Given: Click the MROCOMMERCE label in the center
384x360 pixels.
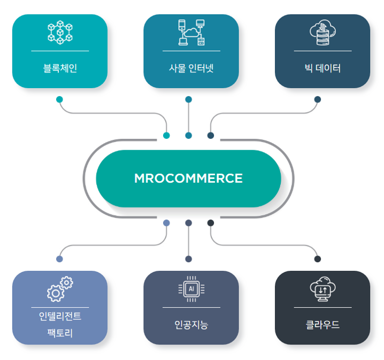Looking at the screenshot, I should tap(188, 178).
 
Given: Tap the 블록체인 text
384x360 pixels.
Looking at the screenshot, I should tap(60, 68).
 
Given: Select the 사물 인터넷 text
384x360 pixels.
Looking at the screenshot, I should tap(191, 68).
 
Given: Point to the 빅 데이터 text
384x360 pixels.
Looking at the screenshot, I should tap(322, 68).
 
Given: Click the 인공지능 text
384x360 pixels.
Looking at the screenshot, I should tap(191, 325).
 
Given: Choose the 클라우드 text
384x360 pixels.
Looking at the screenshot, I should tap(322, 325).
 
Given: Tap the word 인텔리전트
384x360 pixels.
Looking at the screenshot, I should tap(60, 316).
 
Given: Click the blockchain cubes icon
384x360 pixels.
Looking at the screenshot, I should tap(60, 32).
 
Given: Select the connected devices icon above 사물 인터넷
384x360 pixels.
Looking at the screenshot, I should tap(191, 32).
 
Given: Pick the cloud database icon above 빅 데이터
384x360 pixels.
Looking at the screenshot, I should tap(322, 31).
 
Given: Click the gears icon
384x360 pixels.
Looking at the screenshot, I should tap(60, 289).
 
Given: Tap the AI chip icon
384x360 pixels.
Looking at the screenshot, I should tap(191, 289).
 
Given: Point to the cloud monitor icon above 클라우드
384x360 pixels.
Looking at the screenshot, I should tap(322, 289).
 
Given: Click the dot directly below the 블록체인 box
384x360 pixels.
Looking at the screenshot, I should tap(59, 99).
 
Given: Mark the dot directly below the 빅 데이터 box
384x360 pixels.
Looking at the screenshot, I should tap(318, 99).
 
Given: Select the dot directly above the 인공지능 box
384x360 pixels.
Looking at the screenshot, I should tap(188, 259).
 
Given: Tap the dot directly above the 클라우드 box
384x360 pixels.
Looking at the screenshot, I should tap(318, 259).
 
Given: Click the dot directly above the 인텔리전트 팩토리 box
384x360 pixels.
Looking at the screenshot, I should tap(59, 259).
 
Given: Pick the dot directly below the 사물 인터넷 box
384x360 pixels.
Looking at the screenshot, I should tap(188, 99).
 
